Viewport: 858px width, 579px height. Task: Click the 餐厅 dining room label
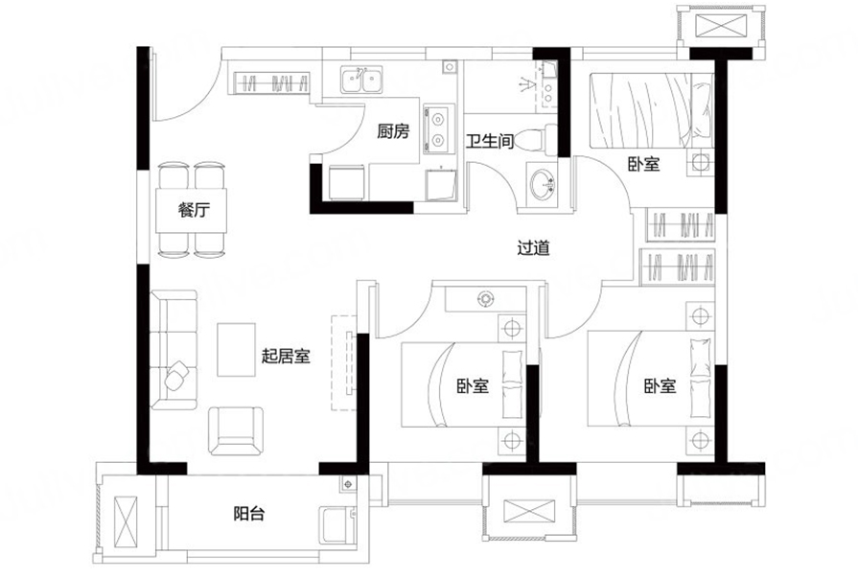[195, 210]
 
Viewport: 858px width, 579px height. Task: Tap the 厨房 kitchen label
[393, 131]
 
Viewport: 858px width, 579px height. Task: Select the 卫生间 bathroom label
[490, 141]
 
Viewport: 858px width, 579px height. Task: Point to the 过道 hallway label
[534, 248]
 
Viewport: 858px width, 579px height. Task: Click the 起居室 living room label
[286, 357]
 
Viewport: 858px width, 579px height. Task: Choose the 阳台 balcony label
[249, 513]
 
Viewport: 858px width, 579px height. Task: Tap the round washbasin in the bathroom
[543, 184]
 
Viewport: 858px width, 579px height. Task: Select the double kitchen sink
[361, 80]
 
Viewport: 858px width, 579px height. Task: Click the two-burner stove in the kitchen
[438, 129]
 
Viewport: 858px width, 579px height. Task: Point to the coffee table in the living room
[237, 350]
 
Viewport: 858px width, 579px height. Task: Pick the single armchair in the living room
[236, 430]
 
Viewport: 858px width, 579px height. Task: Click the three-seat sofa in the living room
[174, 350]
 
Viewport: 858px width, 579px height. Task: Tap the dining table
[191, 211]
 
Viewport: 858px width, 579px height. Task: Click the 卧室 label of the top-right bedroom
[643, 164]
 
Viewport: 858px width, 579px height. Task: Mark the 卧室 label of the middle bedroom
[473, 386]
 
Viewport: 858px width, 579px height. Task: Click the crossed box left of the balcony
[127, 521]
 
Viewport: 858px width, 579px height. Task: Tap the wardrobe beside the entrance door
[272, 83]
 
